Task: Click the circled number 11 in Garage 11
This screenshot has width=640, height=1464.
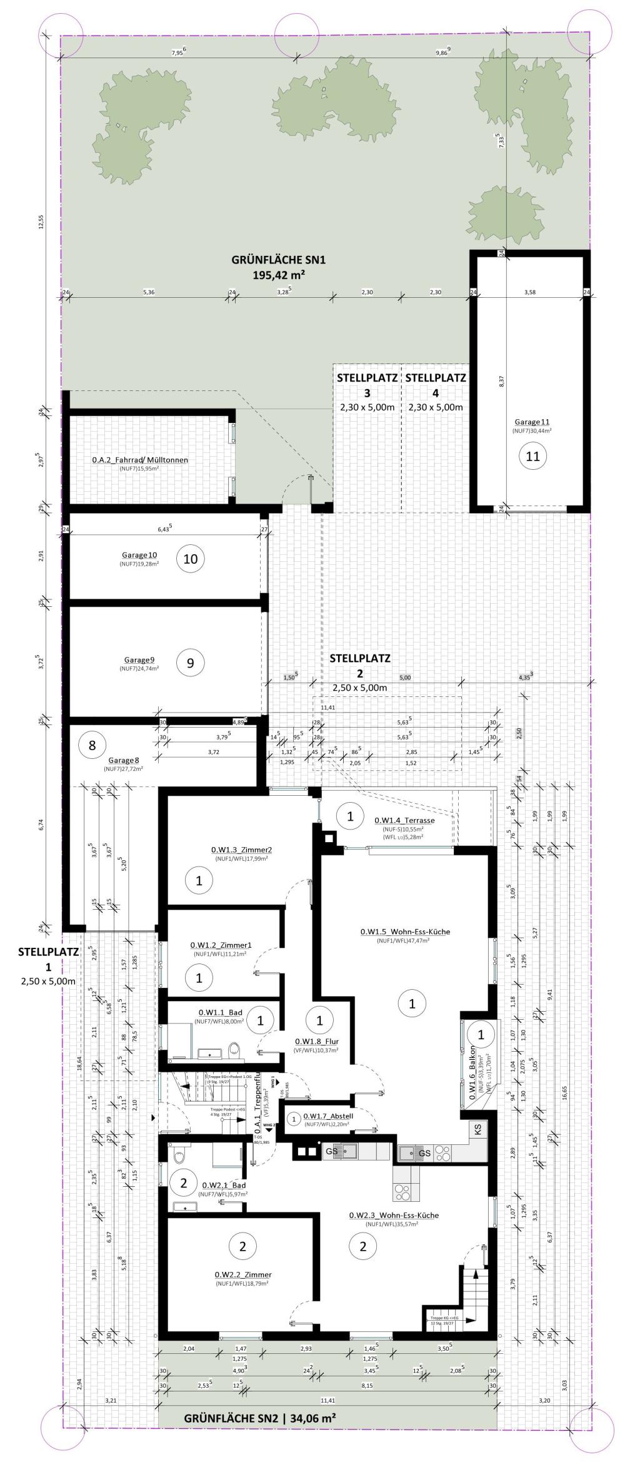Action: click(x=532, y=456)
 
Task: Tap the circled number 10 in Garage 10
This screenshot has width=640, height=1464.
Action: click(x=191, y=559)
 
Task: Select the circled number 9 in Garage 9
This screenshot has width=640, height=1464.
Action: click(x=191, y=663)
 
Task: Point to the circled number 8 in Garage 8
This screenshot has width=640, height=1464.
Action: click(x=92, y=745)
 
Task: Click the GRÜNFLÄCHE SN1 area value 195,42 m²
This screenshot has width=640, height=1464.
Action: click(x=279, y=274)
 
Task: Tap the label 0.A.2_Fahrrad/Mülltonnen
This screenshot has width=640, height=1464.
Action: click(x=140, y=460)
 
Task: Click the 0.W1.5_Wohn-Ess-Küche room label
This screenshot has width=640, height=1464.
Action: click(x=405, y=932)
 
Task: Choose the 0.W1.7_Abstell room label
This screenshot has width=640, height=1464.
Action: click(x=328, y=1116)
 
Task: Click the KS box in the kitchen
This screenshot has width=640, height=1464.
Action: click(x=478, y=1130)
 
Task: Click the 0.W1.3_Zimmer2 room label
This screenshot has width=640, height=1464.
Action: click(x=241, y=850)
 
